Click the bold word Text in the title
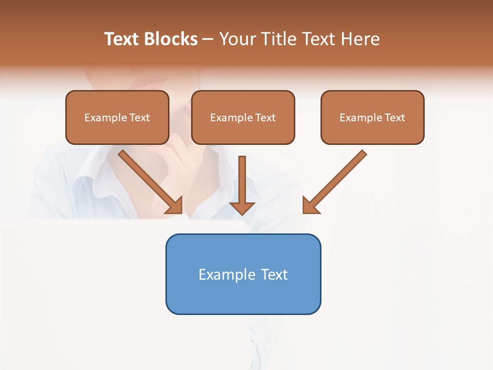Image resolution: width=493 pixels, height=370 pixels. pos(122,39)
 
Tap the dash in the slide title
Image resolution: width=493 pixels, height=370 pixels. pos(208,40)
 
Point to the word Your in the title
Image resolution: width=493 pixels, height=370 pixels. pos(238,39)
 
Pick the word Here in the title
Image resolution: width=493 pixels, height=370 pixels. pos(360,39)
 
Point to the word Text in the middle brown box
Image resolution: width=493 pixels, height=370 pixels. pos(266,118)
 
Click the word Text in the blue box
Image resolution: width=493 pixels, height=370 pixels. pos(274,274)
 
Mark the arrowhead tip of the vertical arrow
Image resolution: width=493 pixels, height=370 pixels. pos(242,214)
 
